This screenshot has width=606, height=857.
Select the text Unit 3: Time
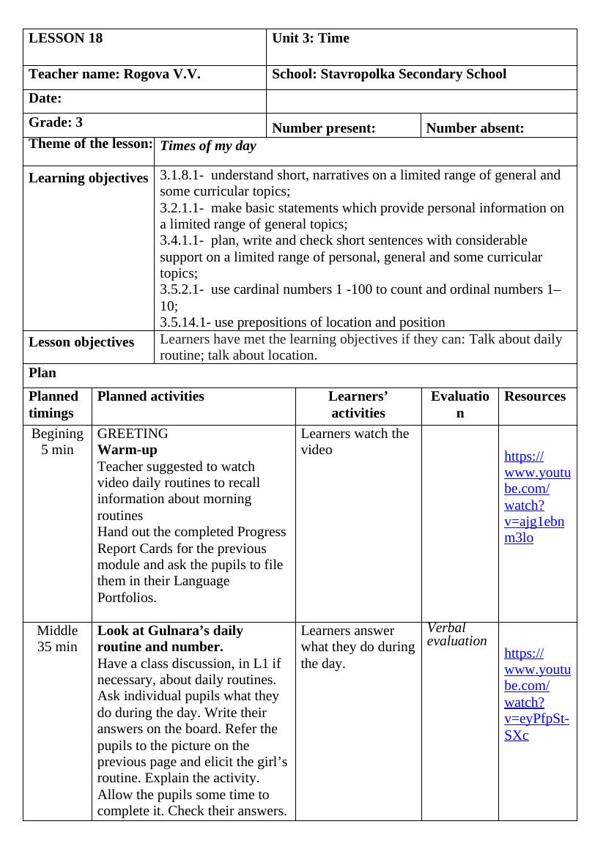pyautogui.click(x=311, y=39)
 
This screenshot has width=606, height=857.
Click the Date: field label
pyautogui.click(x=45, y=98)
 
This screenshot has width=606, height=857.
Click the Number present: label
pyautogui.click(x=323, y=128)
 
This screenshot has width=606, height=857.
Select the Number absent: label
pyautogui.click(x=475, y=128)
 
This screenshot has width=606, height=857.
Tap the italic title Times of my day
pyautogui.click(x=208, y=146)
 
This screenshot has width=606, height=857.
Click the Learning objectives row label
pyautogui.click(x=88, y=178)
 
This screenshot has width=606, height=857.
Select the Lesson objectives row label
pyautogui.click(x=81, y=342)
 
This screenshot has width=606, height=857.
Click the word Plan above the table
pyautogui.click(x=43, y=373)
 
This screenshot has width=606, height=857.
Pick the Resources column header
pyautogui.click(x=535, y=396)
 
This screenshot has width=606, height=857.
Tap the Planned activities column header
pyautogui.click(x=151, y=396)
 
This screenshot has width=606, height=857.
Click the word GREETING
pyautogui.click(x=133, y=434)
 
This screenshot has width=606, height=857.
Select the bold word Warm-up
pyautogui.click(x=128, y=450)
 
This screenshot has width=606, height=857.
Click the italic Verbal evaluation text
pyautogui.click(x=457, y=634)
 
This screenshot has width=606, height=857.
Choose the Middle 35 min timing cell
pyautogui.click(x=57, y=639)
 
